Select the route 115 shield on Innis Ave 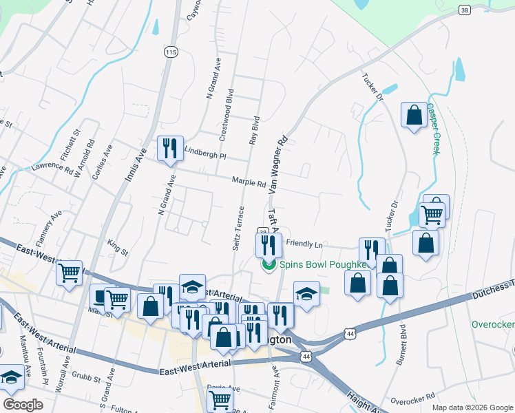coord(171,52)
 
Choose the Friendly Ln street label coord(304,244)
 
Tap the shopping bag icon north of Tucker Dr coord(414,116)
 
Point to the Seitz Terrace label coord(238,228)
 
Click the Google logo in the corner coord(22,404)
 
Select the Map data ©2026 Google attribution coord(472,407)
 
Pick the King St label coord(118,247)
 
